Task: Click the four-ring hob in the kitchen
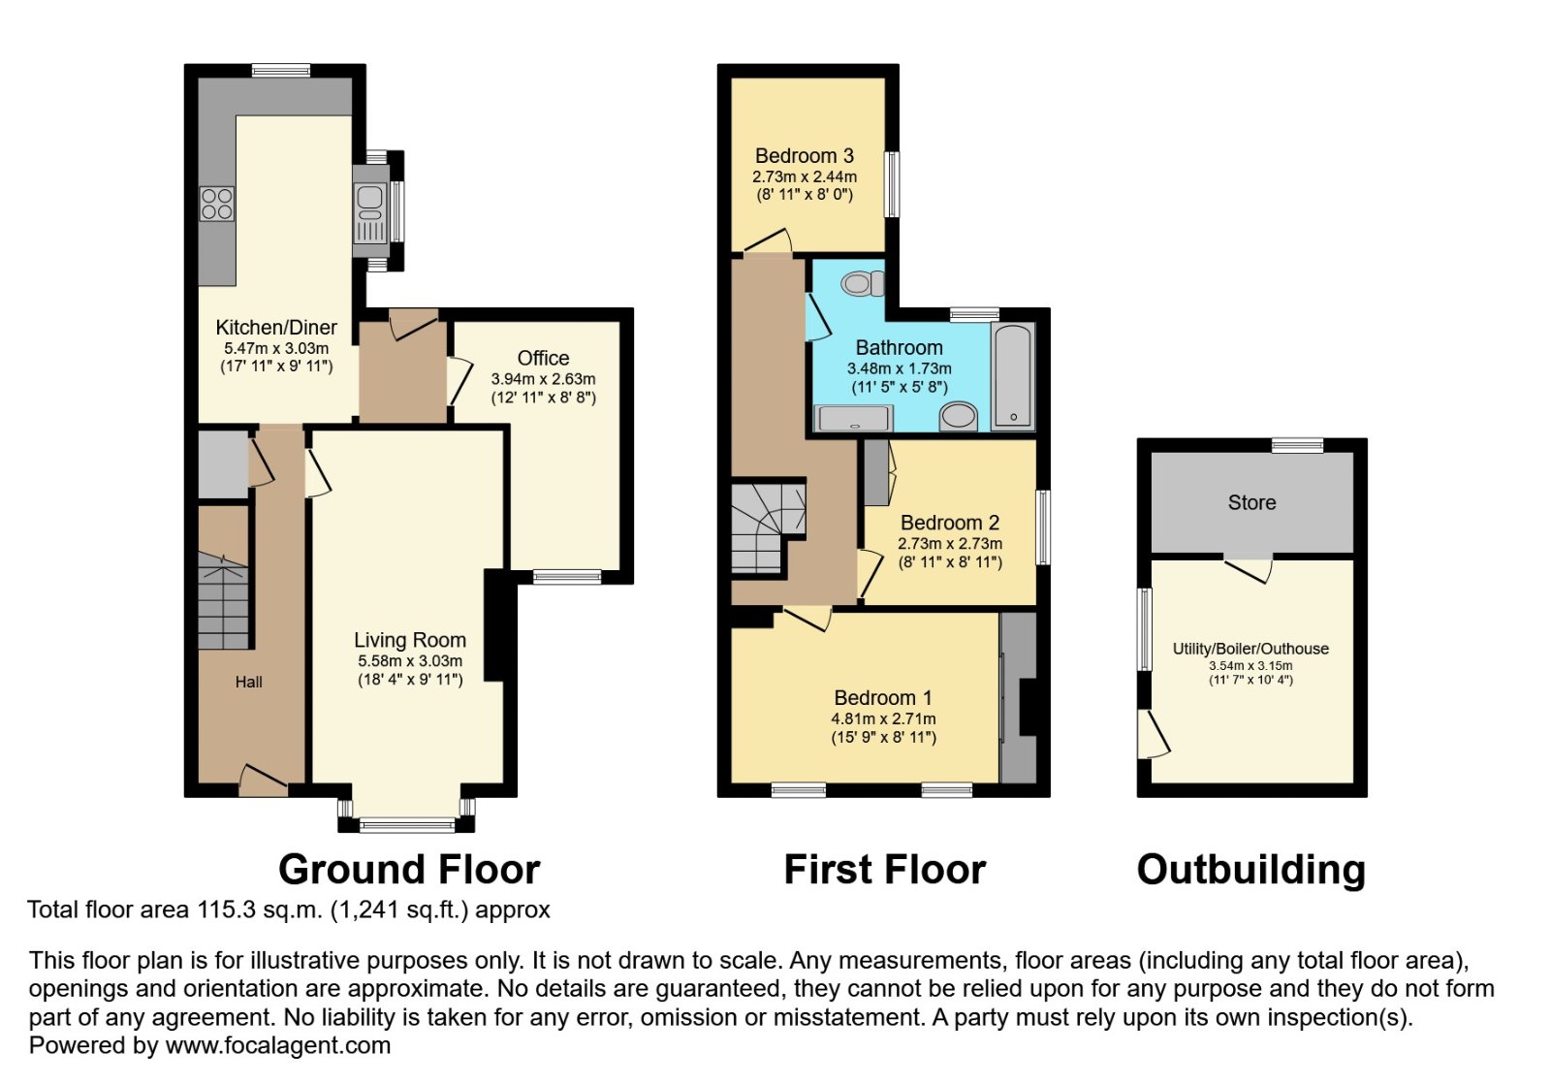(217, 205)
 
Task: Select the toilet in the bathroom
(863, 283)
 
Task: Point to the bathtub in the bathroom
(1013, 376)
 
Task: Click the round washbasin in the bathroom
(959, 417)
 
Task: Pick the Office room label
(544, 358)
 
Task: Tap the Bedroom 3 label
(805, 156)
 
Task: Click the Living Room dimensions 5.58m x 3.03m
(410, 661)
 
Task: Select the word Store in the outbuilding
(1251, 502)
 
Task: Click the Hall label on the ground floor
(248, 682)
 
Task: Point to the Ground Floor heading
(409, 870)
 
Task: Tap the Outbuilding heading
(1251, 870)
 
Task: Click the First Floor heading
(885, 870)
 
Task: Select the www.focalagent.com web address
(277, 1045)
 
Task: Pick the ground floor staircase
(223, 600)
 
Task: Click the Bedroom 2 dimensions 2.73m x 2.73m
(950, 544)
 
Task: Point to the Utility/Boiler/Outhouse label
(1250, 649)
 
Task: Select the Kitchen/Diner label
(276, 328)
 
